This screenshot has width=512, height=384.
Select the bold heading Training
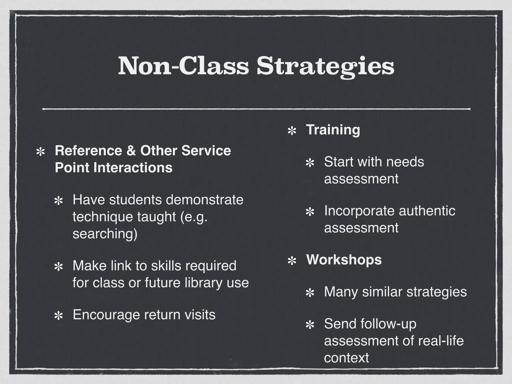tap(333, 130)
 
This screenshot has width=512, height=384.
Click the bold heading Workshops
tap(344, 259)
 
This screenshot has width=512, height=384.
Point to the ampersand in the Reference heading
tap(131, 151)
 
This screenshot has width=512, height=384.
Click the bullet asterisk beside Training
tap(292, 131)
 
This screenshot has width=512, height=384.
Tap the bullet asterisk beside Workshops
tap(292, 261)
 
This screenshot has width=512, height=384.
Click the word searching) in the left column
tap(105, 234)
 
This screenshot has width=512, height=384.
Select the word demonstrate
tap(204, 200)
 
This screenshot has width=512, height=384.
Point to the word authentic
tap(427, 211)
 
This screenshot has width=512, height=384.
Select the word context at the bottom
tap(346, 358)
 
